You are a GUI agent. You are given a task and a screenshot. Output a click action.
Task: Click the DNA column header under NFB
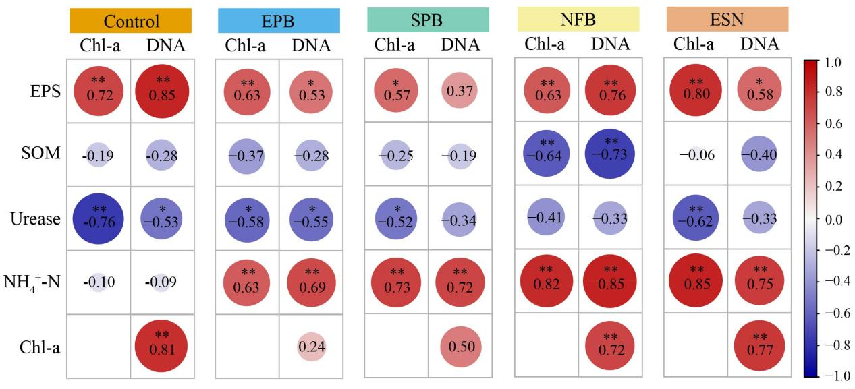pos(610,44)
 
